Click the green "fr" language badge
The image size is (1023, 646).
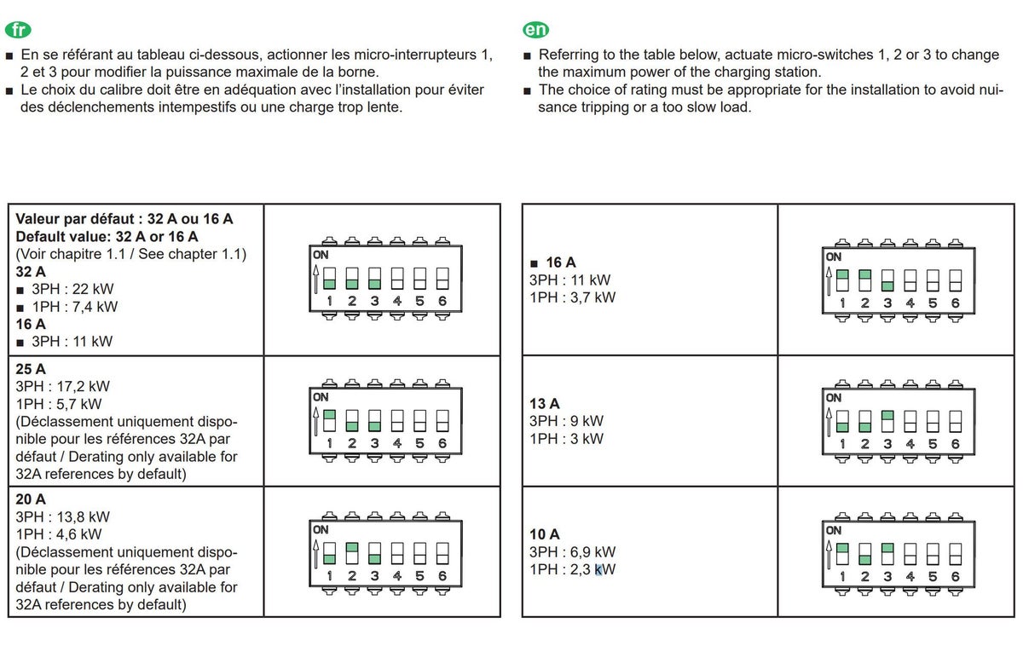tap(18, 30)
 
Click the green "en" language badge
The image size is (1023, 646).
tap(535, 30)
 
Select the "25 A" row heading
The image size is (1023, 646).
tap(31, 369)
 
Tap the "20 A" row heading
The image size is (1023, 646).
tap(31, 499)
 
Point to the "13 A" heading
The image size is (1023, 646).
tap(545, 404)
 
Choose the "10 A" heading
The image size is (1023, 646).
tap(545, 534)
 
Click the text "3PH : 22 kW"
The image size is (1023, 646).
tap(72, 290)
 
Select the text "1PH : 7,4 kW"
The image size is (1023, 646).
tap(74, 307)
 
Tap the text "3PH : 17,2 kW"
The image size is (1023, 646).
tap(62, 386)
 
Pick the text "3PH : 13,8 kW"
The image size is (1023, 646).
tap(62, 516)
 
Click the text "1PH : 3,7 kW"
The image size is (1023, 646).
tap(572, 297)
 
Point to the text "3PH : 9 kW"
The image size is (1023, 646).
tap(566, 421)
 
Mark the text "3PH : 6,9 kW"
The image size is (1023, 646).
tap(572, 552)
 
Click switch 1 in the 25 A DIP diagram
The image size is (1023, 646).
tap(329, 420)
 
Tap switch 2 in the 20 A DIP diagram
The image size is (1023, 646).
tap(352, 552)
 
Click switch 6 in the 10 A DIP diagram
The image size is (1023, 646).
tap(955, 552)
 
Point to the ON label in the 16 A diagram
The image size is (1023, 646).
tap(833, 257)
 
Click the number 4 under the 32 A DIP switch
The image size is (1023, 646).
tap(397, 301)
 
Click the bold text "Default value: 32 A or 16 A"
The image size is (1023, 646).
tap(107, 236)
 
